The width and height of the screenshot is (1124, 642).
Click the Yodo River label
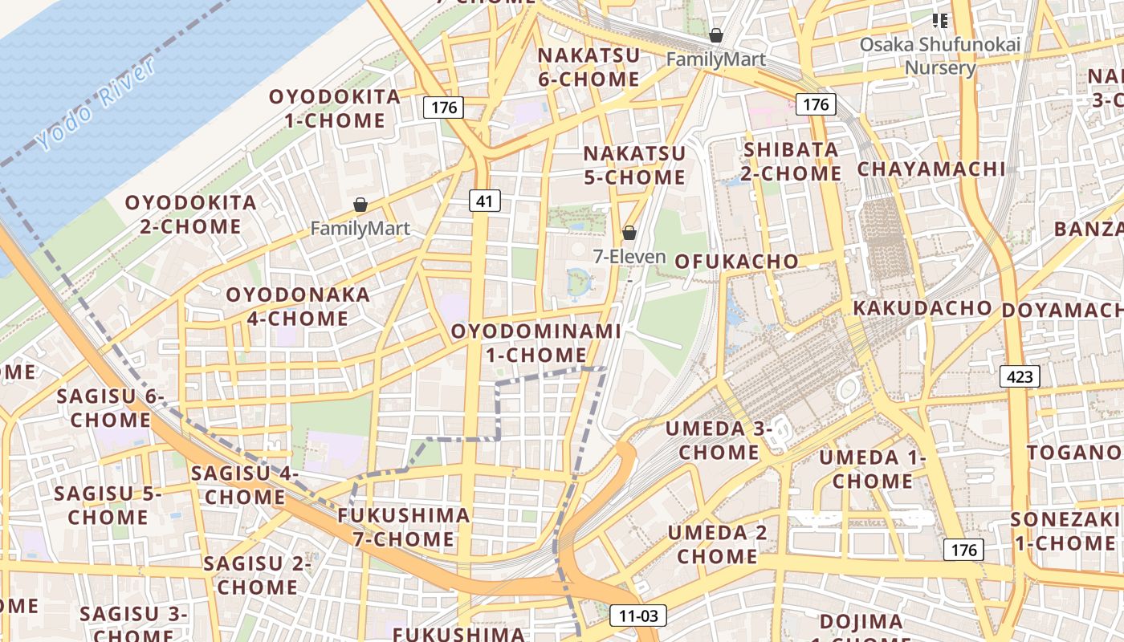coord(96,104)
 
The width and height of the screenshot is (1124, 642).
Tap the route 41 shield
coord(484,201)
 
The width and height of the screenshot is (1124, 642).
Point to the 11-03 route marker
coord(638,616)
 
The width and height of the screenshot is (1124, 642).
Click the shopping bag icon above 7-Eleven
coord(629,233)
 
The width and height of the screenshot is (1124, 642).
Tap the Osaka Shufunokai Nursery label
coord(939,55)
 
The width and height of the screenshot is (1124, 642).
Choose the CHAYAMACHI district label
coord(931,169)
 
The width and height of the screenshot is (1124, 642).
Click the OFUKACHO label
coord(736,262)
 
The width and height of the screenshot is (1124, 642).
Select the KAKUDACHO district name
coord(922,308)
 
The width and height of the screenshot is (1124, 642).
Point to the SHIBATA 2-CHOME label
coord(791,161)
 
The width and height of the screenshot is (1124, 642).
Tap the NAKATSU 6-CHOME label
coord(588,67)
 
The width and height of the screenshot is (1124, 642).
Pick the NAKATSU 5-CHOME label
coord(634,165)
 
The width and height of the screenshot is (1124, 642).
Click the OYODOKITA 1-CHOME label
coord(334,108)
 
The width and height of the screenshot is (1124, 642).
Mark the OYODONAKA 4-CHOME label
coord(298,306)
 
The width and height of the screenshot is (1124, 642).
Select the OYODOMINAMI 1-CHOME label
coord(536,343)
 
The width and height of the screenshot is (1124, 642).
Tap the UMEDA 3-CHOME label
coord(719,441)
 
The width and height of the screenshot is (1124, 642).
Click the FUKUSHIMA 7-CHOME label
coord(403,526)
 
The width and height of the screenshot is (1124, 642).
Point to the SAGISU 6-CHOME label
coord(111,408)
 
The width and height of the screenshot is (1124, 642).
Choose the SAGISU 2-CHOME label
coord(257,575)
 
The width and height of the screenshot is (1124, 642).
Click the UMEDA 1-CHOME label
coord(873,469)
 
